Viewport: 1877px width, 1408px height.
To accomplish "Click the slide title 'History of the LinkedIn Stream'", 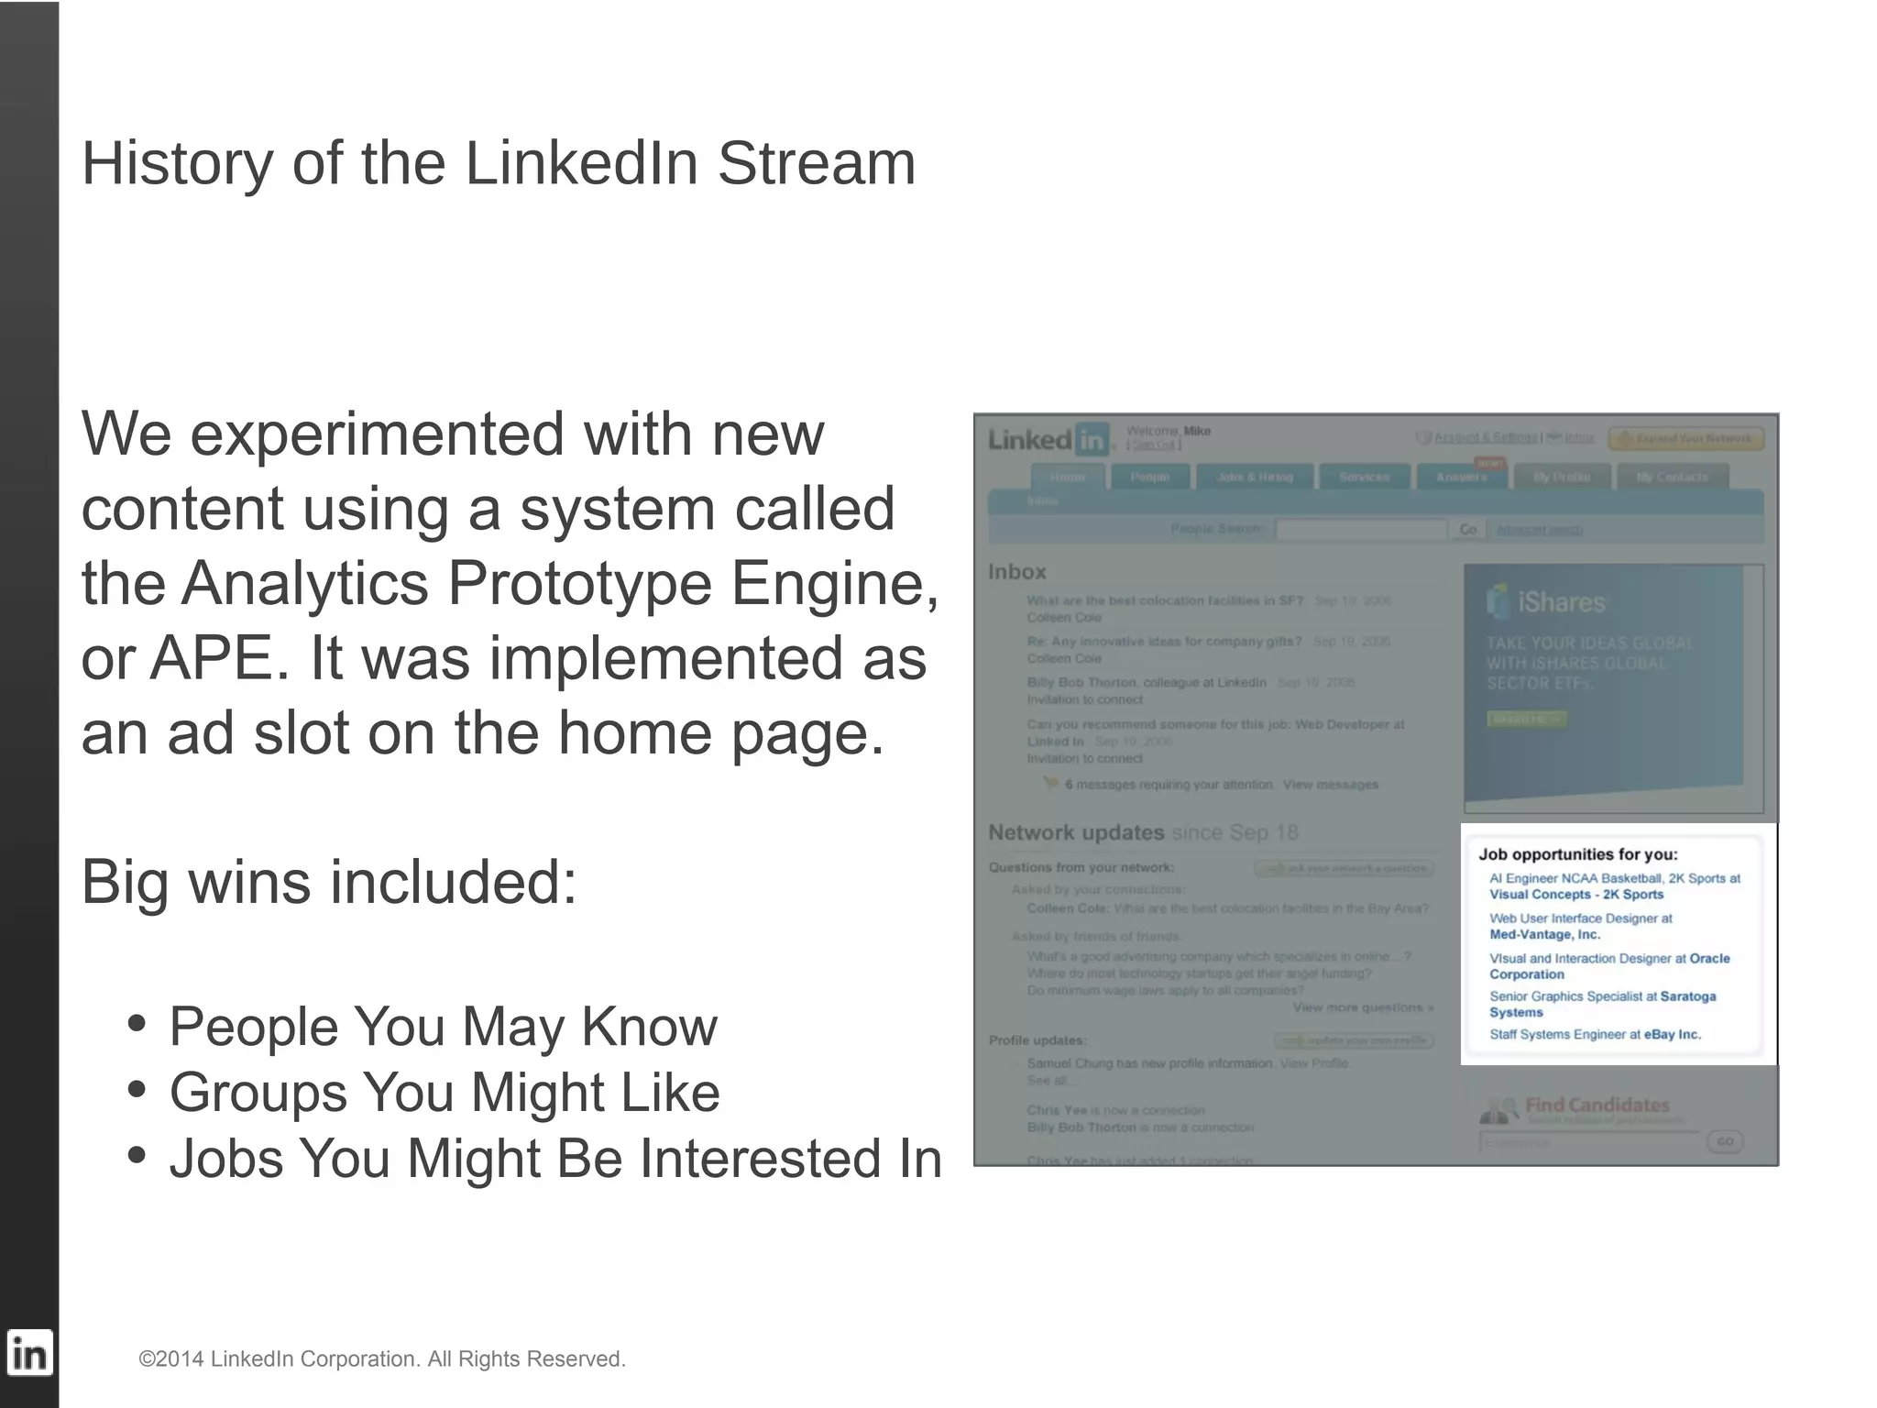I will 499,164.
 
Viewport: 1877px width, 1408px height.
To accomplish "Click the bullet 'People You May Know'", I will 443,1027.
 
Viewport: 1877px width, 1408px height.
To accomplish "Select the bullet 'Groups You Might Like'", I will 445,1093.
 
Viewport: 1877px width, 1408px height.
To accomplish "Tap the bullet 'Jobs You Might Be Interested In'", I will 555,1159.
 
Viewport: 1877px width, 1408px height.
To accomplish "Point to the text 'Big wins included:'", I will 329,882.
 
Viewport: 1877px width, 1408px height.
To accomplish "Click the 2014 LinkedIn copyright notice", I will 382,1358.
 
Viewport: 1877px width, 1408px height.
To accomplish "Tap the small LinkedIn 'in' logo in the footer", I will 29,1353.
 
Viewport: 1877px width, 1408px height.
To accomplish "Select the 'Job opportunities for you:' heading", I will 1577,854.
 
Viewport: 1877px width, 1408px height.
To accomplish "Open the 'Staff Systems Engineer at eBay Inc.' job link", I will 1595,1034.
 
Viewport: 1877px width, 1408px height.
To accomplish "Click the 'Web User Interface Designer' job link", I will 1580,918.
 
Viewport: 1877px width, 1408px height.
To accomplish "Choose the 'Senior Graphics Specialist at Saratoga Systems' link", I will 1601,996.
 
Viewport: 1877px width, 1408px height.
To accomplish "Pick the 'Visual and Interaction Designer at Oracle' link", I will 1608,959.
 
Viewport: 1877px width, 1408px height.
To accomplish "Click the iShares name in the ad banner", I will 1561,602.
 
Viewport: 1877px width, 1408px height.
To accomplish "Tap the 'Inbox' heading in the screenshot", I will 1016,572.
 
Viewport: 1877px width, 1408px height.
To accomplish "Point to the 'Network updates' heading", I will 1075,832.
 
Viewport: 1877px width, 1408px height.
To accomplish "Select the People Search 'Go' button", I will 1467,530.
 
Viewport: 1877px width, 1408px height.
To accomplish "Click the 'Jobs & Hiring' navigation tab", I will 1254,477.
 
